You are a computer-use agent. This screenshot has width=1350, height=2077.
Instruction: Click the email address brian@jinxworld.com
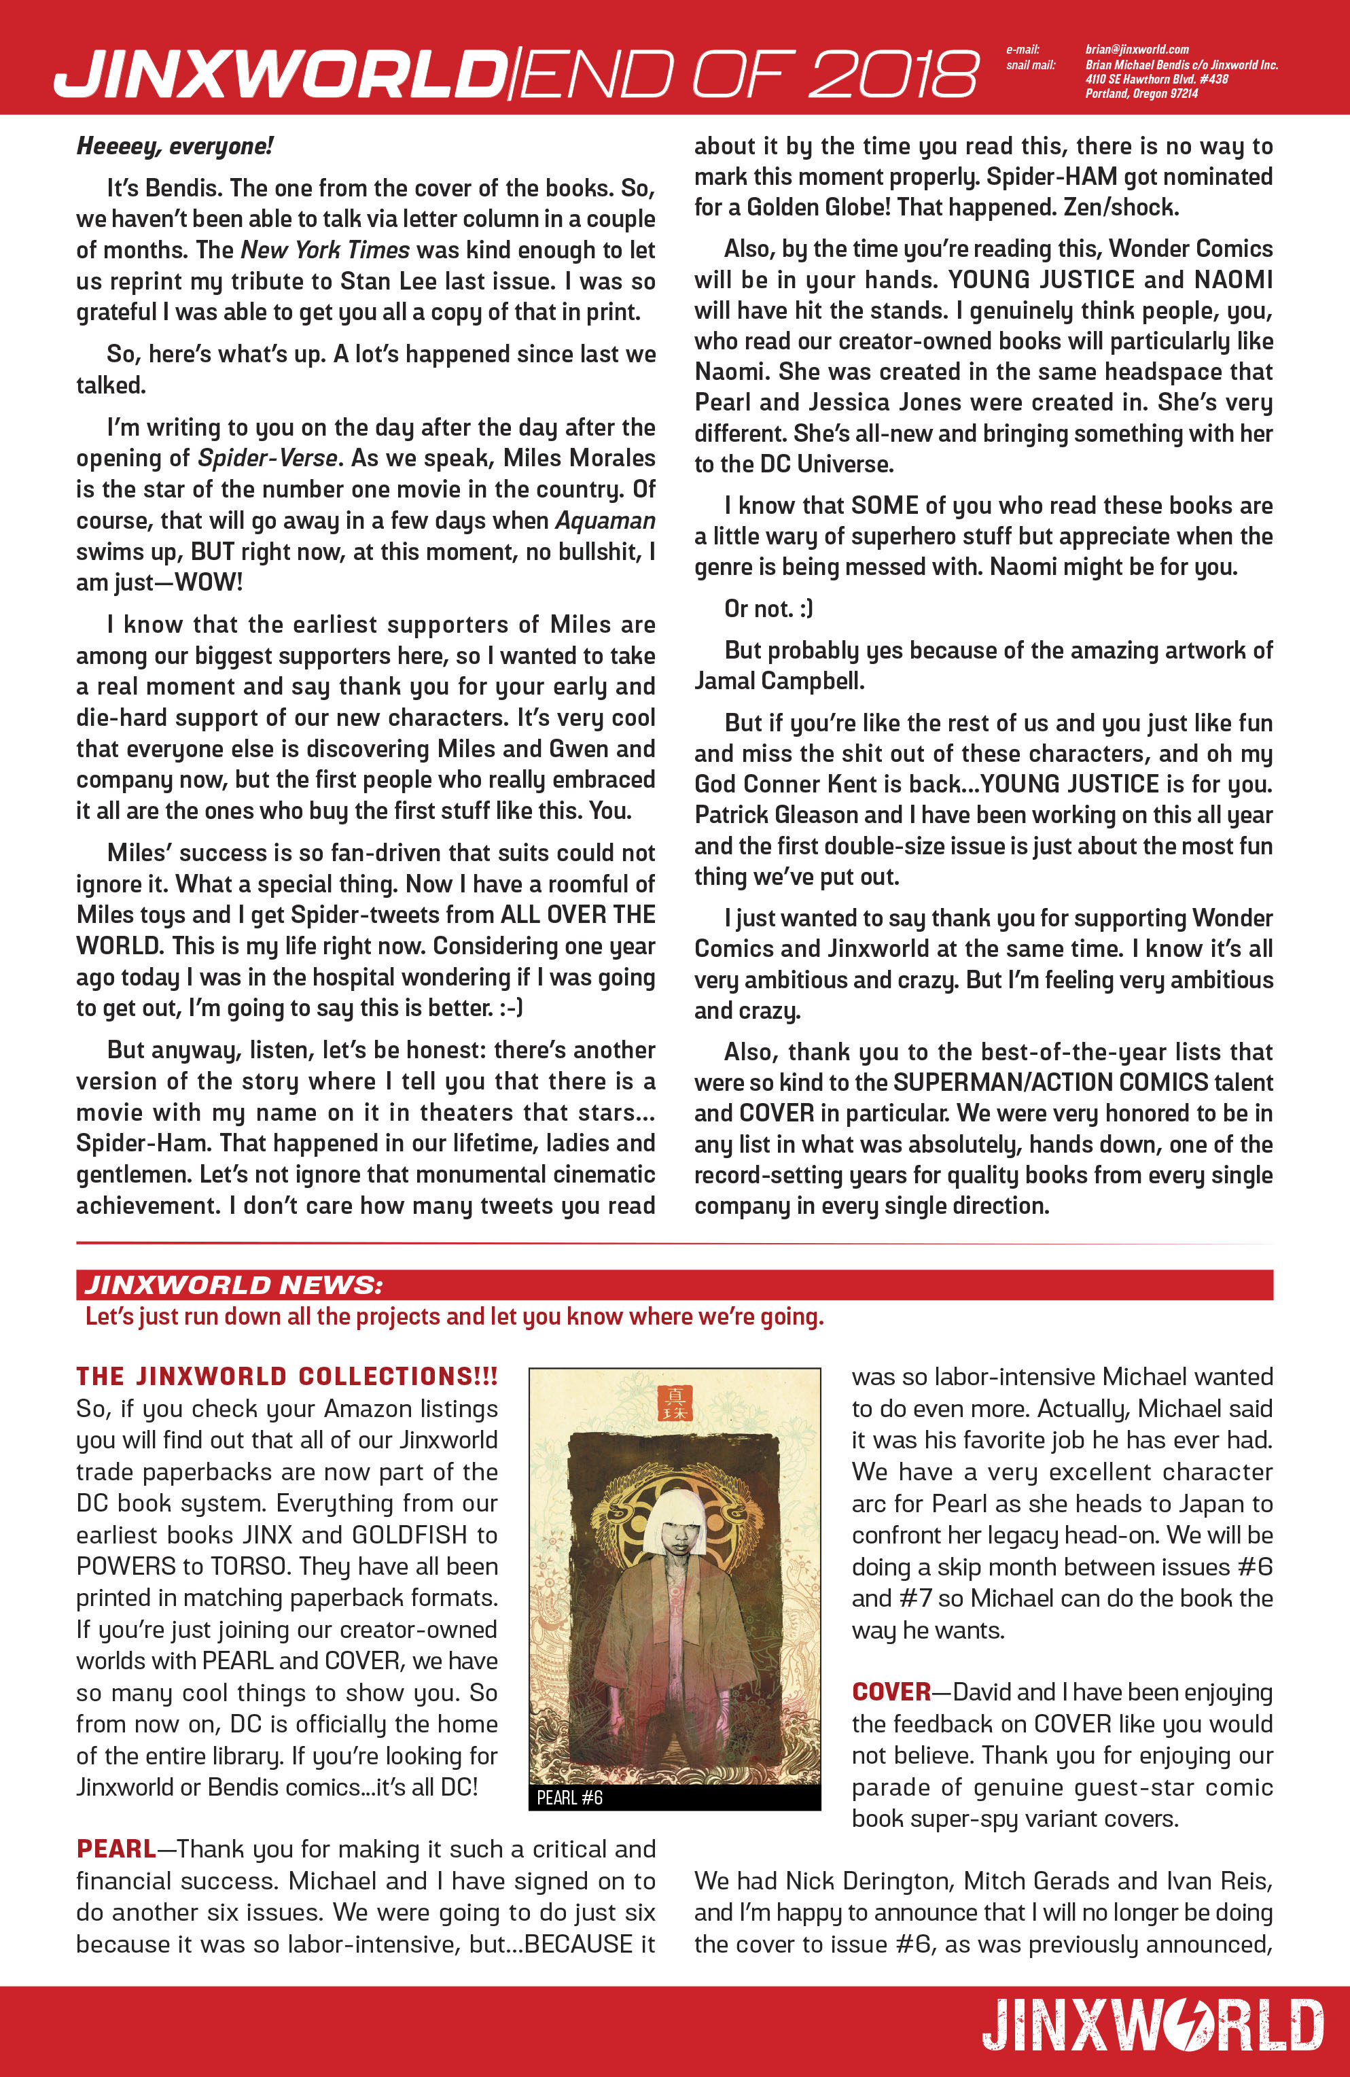1136,50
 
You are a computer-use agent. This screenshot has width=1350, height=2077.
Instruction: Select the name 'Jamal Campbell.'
779,681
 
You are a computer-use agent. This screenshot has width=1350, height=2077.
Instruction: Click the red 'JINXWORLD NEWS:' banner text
233,1285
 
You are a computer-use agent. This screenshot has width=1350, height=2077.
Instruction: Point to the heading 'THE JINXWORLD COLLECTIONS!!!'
286,1376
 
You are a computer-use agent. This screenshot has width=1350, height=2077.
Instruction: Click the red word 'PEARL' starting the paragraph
116,1849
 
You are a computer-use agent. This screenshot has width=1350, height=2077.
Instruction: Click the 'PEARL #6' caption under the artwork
569,1798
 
